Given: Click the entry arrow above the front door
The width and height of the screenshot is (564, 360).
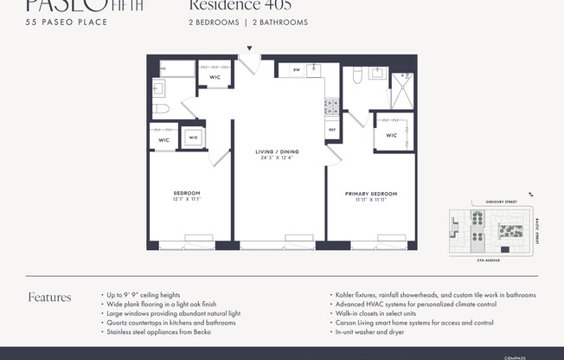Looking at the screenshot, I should (x=250, y=49).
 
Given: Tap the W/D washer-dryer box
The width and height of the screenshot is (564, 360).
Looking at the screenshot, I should (x=192, y=137).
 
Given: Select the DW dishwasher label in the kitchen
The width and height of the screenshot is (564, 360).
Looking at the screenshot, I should (x=296, y=70).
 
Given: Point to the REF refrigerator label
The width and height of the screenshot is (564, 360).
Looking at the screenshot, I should (x=331, y=130).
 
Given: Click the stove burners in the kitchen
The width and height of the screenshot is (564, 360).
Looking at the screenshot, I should (x=331, y=107).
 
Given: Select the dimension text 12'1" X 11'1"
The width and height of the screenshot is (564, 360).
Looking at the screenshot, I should (x=188, y=199).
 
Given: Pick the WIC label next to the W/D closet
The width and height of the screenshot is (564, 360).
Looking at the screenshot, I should (x=163, y=139).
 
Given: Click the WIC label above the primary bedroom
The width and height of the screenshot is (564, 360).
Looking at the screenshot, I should (x=391, y=135).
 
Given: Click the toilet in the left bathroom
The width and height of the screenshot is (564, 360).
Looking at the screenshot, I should (x=162, y=110).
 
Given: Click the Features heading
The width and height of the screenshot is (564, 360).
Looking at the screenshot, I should (x=49, y=298).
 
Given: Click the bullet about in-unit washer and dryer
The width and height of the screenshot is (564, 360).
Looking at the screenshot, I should (x=370, y=331).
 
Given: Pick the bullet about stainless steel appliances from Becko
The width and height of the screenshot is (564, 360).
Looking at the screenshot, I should (x=160, y=331).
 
